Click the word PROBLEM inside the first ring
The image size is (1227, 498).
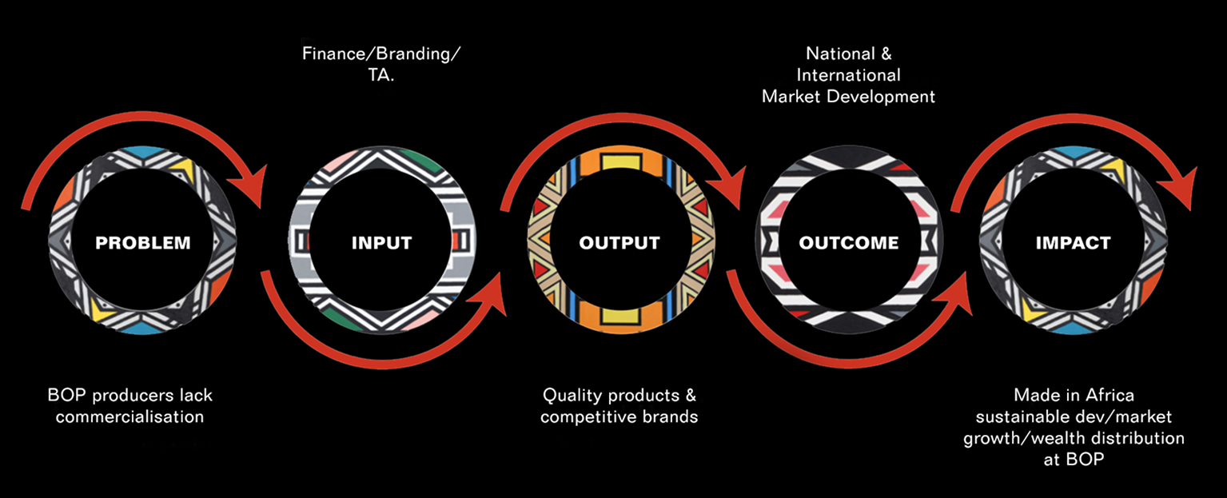[143, 243]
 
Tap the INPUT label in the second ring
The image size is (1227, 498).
[381, 243]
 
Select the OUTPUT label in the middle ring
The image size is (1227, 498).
[619, 243]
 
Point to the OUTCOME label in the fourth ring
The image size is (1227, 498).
[848, 243]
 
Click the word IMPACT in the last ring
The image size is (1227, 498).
[1073, 243]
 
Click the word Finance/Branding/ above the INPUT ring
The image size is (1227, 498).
[381, 55]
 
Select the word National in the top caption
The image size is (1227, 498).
[839, 54]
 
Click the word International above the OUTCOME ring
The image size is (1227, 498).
[848, 75]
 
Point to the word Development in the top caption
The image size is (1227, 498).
[891, 97]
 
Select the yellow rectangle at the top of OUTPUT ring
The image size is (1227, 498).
[621, 163]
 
